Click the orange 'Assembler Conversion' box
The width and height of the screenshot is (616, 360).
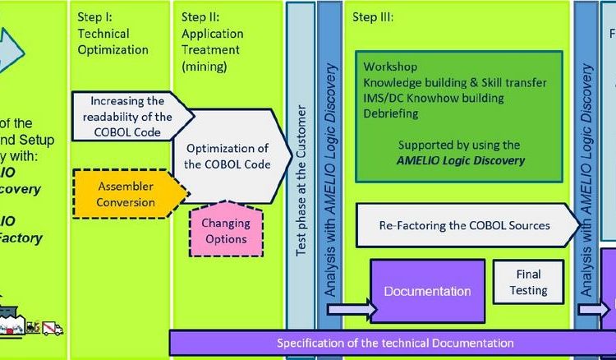(x=125, y=194)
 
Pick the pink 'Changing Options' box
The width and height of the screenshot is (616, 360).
(x=226, y=231)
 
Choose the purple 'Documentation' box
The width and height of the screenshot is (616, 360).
(x=427, y=291)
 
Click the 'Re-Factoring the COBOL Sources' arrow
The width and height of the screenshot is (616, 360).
(x=464, y=225)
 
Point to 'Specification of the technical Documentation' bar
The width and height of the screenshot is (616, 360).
(x=394, y=344)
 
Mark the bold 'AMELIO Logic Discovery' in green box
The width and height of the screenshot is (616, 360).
(x=460, y=160)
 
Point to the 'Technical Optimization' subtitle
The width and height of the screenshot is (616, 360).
(x=113, y=42)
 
